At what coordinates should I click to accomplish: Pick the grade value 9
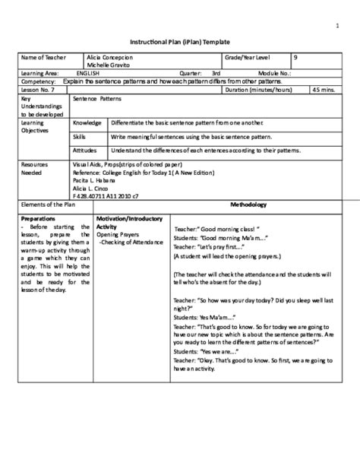pos(295,57)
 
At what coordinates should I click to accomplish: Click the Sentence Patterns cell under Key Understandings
pos(96,99)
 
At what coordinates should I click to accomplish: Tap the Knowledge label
pos(87,122)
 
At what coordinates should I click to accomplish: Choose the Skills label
pos(80,136)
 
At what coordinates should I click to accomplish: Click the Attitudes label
pos(85,151)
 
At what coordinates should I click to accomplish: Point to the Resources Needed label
pos(35,168)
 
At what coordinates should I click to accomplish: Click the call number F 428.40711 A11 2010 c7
pos(107,195)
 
